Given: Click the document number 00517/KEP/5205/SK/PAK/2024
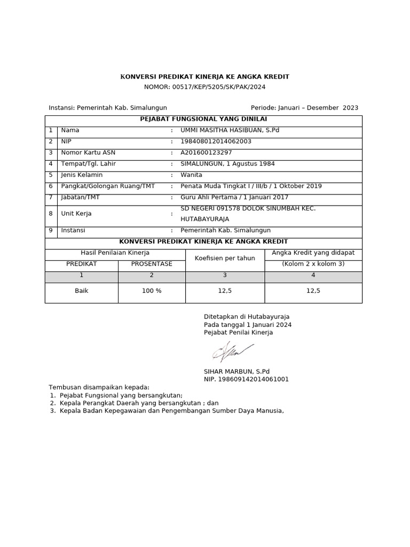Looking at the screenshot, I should [218, 87].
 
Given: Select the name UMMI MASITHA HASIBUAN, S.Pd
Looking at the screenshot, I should [230, 130].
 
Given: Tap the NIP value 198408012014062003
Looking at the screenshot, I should [216, 142].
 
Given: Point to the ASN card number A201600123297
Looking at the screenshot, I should [207, 153].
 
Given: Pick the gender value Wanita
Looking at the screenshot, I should [192, 175].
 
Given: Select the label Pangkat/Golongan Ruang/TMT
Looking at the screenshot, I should [108, 186].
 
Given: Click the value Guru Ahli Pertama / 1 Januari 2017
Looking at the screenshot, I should [234, 198].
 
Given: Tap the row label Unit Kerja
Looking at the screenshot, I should [76, 214].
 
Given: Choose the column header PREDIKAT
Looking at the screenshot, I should [81, 264].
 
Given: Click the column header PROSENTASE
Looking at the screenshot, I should [152, 264].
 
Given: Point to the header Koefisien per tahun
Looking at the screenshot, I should [225, 258].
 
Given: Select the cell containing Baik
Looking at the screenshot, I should [81, 291].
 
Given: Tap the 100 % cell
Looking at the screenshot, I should [152, 291].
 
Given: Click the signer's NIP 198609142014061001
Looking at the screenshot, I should [246, 379].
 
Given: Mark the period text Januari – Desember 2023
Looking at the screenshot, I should [321, 108].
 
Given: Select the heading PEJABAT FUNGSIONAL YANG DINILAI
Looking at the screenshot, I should [203, 119].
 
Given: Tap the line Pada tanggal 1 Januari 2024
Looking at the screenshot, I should [248, 325].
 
